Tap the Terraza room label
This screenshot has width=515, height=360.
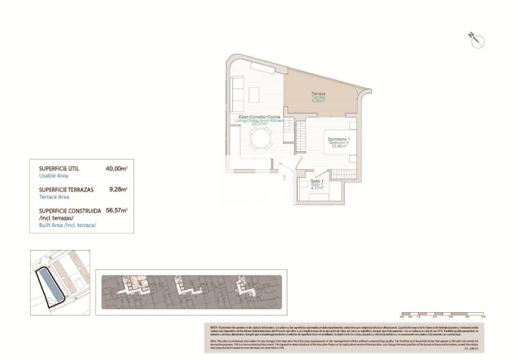coord(318,93)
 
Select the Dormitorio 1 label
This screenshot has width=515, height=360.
coord(339,139)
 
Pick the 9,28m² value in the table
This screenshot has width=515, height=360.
coord(119,189)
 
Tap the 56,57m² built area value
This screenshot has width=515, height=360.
coord(117,211)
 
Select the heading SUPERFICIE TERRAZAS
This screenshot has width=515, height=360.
coord(67,189)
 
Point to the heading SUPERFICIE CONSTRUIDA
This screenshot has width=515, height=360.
coord(70,211)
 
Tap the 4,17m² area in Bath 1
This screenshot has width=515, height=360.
coord(318,190)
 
